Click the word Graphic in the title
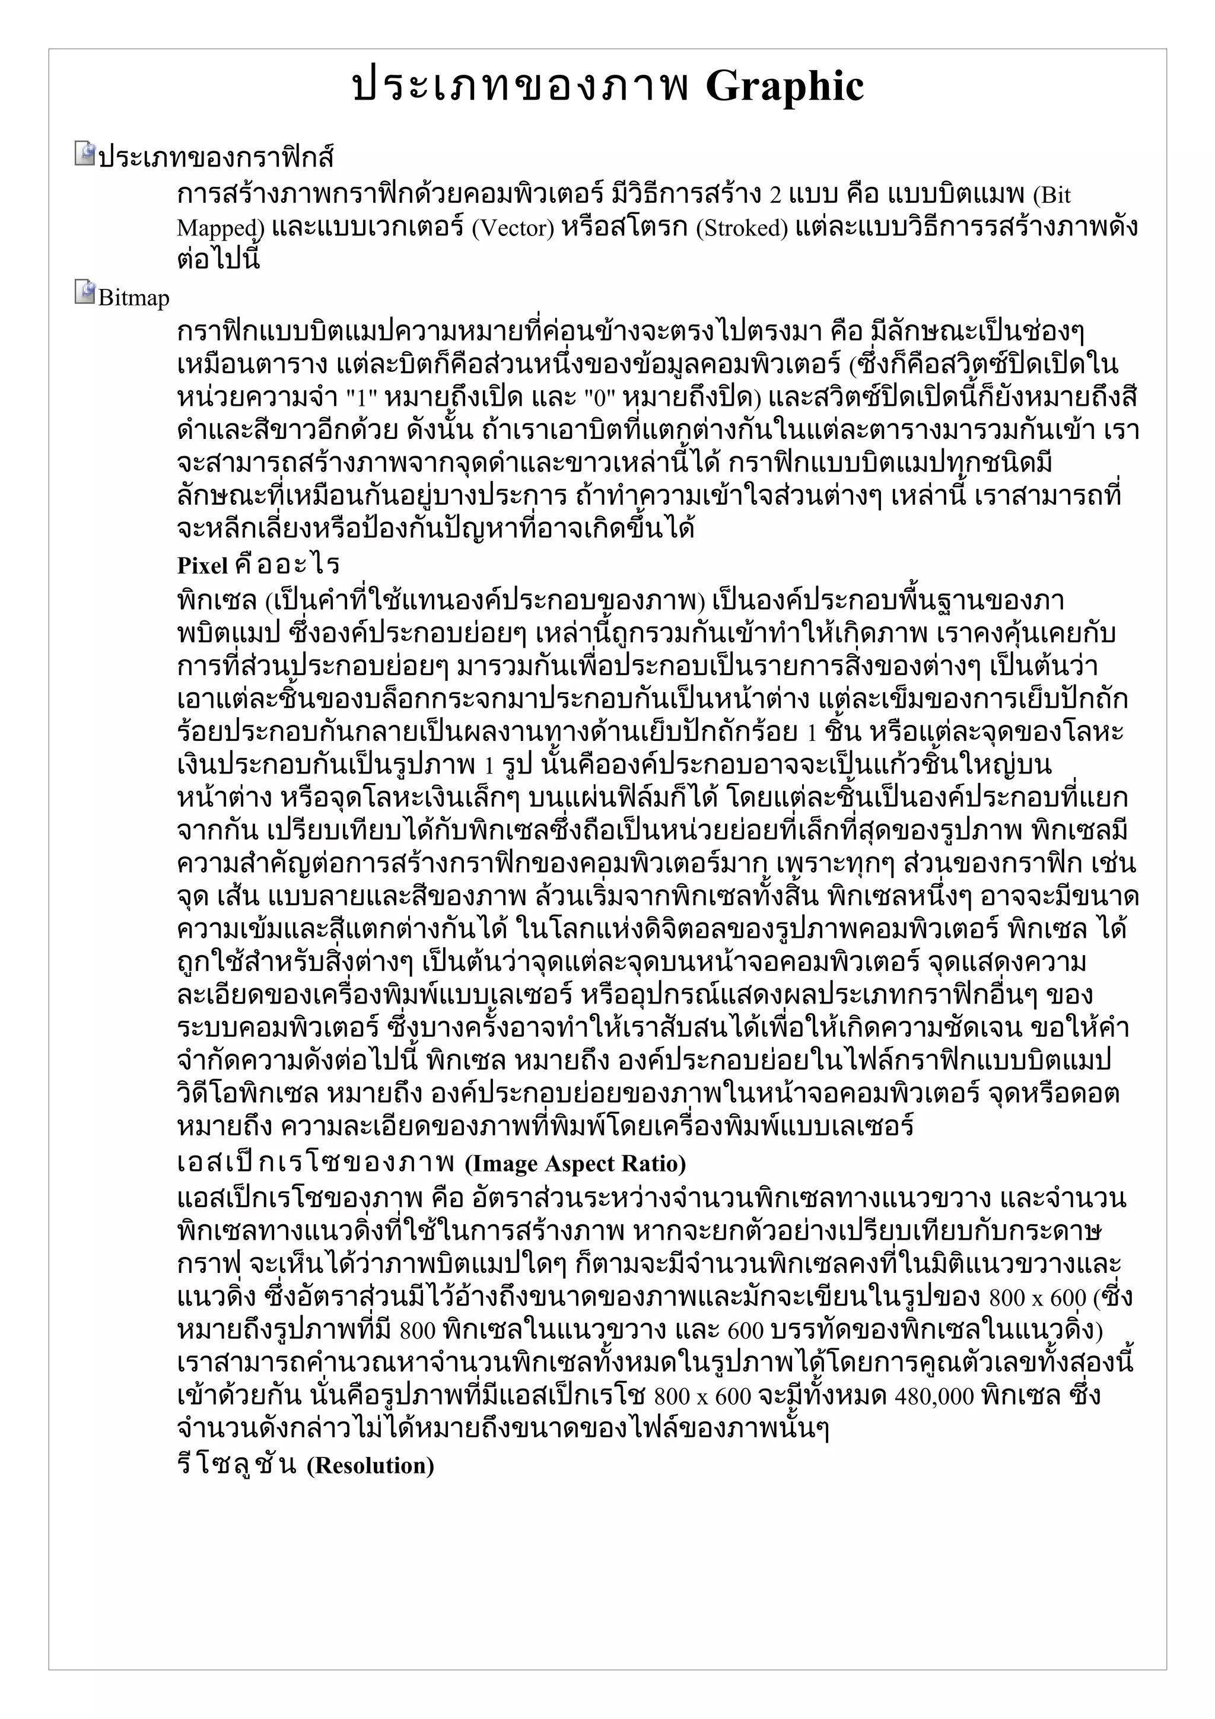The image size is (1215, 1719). pos(784,87)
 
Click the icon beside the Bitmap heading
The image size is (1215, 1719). pos(85,292)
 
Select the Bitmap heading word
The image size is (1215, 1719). pos(133,298)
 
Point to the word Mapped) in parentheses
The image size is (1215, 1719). pos(220,228)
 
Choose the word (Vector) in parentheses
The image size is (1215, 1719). pos(513,228)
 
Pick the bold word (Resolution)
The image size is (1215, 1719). pos(371,1465)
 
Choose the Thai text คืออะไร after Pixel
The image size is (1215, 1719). pos(287,565)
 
